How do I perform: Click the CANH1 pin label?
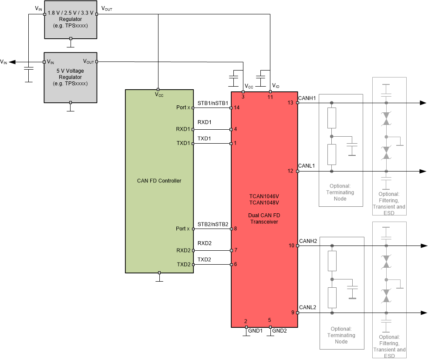pyautogui.click(x=307, y=98)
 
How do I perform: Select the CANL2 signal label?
pyautogui.click(x=308, y=307)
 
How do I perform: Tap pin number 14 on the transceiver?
pyautogui.click(x=237, y=108)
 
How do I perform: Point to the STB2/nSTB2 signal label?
pyautogui.click(x=213, y=224)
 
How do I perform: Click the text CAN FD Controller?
pyautogui.click(x=159, y=181)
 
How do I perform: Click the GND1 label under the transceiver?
pyautogui.click(x=255, y=331)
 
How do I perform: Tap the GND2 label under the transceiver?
pyautogui.click(x=280, y=331)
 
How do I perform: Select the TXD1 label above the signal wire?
pyautogui.click(x=204, y=139)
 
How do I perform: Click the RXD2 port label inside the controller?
pyautogui.click(x=183, y=250)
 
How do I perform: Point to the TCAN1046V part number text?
pyautogui.click(x=264, y=196)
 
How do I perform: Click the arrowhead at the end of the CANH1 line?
pyautogui.click(x=423, y=103)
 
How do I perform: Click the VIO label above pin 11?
pyautogui.click(x=276, y=86)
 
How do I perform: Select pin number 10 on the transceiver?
pyautogui.click(x=292, y=246)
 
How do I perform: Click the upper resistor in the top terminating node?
pyautogui.click(x=332, y=118)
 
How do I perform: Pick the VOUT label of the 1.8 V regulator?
pyautogui.click(x=107, y=9)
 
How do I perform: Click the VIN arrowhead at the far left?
pyautogui.click(x=12, y=62)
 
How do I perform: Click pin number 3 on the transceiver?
pyautogui.click(x=243, y=97)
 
